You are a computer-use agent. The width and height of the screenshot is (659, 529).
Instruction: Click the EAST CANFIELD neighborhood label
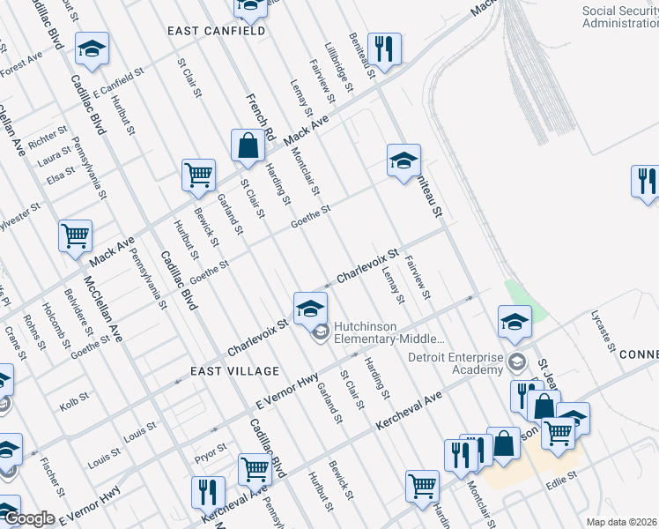click(x=218, y=31)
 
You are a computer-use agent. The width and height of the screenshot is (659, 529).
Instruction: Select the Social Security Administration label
click(x=620, y=17)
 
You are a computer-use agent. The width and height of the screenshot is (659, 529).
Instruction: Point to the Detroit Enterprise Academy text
click(x=455, y=364)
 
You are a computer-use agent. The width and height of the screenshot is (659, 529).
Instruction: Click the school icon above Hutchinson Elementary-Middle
click(x=310, y=308)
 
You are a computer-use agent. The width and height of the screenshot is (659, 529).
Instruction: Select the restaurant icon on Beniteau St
click(x=383, y=49)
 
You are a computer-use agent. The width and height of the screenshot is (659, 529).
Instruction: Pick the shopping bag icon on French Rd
click(x=248, y=145)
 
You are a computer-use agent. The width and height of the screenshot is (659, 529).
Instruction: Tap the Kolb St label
click(x=70, y=406)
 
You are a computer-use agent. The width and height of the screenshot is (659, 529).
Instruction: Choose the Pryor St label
click(x=210, y=450)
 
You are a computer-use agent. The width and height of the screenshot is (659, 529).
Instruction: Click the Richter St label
click(x=48, y=139)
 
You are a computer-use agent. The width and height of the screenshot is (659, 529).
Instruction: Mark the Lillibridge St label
click(x=338, y=67)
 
